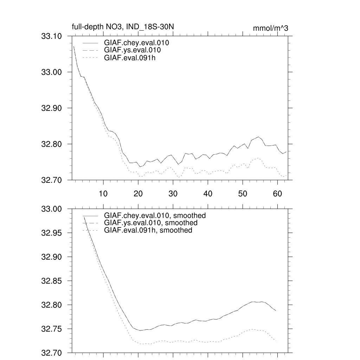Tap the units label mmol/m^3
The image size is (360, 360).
point(270,28)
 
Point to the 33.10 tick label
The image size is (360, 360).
point(52,36)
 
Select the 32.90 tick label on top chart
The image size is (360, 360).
point(52,108)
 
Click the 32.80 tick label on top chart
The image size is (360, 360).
point(52,144)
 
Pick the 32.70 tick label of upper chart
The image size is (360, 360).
point(52,180)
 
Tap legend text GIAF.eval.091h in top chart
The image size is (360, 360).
point(130,58)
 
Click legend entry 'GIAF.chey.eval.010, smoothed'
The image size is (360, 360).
point(155,216)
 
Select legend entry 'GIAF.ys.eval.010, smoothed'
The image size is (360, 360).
point(150,223)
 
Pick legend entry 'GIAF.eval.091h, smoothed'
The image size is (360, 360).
point(148,230)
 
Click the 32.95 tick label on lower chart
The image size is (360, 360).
point(52,233)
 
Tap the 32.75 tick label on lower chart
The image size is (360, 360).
point(52,329)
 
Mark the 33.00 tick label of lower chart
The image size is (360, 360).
point(52,209)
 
